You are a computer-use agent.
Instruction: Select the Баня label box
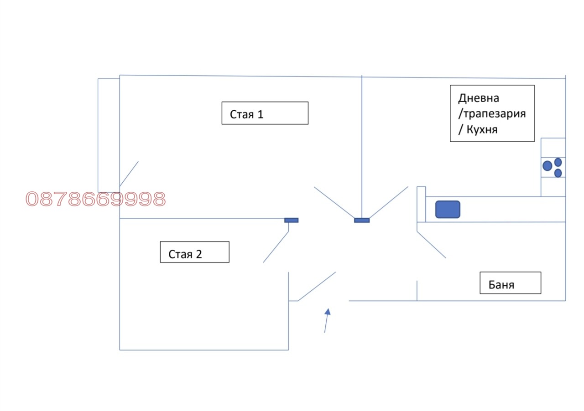[x=510, y=283]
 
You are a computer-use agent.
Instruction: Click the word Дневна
[x=479, y=98]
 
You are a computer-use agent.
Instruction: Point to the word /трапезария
[x=492, y=113]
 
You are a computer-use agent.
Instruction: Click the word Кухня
[x=482, y=129]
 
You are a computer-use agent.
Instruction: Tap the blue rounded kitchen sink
[x=448, y=209]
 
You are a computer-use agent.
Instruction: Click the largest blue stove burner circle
[x=547, y=166]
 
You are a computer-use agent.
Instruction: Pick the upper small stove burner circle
[x=558, y=162]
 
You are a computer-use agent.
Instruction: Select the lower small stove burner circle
[x=558, y=173]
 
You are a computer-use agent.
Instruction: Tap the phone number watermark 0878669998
[x=96, y=199]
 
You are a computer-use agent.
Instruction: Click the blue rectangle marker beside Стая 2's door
[x=291, y=221]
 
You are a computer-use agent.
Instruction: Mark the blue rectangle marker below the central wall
[x=362, y=221]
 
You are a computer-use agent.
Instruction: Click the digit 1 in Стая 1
[x=260, y=114]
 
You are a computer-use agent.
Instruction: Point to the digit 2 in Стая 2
[x=199, y=254]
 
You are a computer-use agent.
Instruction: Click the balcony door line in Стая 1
[x=129, y=174]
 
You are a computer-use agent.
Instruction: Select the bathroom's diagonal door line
[x=431, y=245]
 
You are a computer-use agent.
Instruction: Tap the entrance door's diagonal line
[x=317, y=287]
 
